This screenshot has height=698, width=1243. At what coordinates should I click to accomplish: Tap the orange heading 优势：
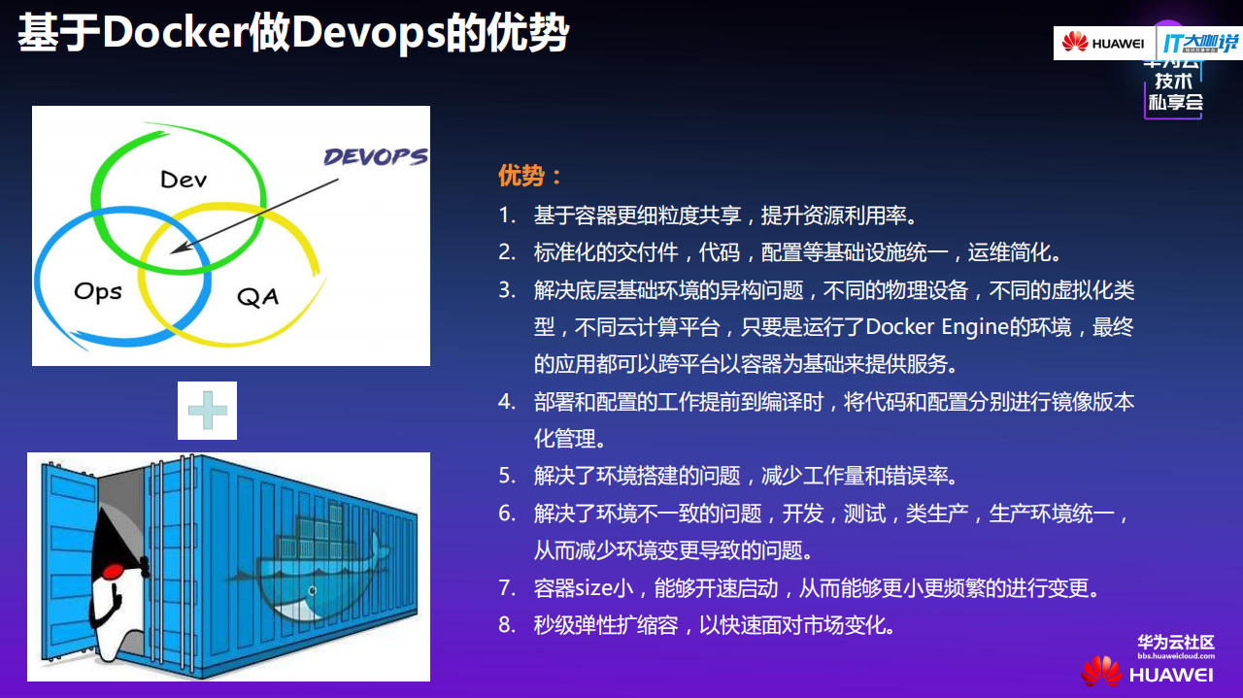tap(530, 176)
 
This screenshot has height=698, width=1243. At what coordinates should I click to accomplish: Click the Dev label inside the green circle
tap(184, 179)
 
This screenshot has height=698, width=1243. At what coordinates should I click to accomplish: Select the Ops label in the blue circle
tap(98, 290)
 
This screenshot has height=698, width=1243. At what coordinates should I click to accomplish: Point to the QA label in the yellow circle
tap(257, 295)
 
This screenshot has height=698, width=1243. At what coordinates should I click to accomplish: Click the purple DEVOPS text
tap(375, 157)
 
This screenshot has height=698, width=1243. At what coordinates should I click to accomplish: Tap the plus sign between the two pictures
tap(207, 411)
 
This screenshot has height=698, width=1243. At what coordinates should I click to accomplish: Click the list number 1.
tap(507, 215)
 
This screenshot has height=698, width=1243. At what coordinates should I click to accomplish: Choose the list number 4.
tap(507, 402)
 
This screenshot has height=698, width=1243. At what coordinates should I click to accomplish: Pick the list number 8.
tap(507, 625)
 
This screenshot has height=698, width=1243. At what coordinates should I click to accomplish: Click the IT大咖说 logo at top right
tap(1200, 43)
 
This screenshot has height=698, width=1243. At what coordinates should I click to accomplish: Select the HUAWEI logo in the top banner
tap(1103, 43)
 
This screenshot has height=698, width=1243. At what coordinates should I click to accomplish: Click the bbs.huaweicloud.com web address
tap(1176, 656)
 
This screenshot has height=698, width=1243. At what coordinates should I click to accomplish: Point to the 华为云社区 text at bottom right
tap(1176, 642)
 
